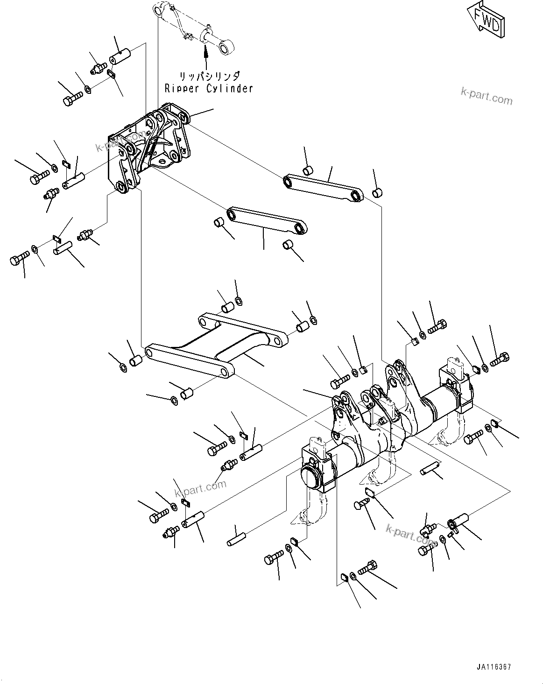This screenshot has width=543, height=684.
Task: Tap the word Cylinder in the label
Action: coord(229,88)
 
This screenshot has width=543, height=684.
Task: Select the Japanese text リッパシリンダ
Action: coord(209,75)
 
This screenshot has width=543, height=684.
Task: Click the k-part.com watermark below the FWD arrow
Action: coord(486,96)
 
